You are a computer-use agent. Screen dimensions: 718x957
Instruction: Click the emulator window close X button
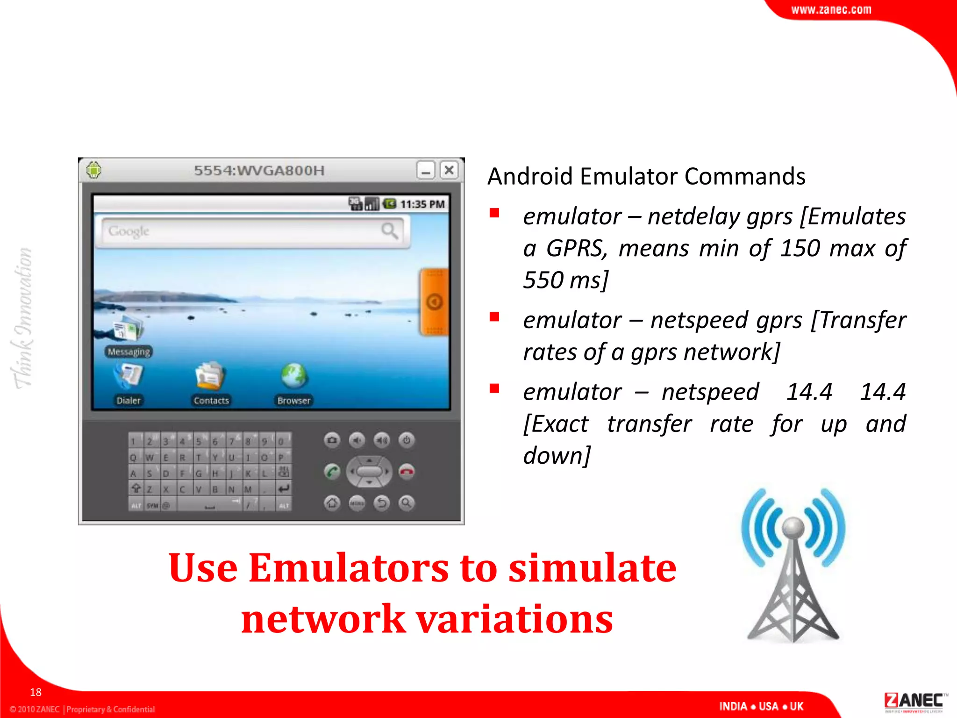click(449, 170)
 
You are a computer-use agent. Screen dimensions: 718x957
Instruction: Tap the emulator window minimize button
click(426, 170)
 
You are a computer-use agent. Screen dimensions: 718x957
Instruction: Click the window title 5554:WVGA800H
click(259, 171)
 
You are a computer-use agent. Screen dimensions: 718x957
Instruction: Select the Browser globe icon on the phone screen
click(294, 375)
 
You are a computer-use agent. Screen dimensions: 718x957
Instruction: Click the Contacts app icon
click(211, 375)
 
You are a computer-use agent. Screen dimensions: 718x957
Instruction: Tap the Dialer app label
click(129, 401)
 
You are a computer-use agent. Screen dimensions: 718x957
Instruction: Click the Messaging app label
click(129, 352)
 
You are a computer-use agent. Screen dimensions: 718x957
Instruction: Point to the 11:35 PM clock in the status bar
click(422, 204)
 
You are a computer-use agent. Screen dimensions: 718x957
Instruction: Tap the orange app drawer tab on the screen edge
click(435, 302)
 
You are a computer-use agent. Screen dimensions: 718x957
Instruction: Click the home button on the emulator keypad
click(332, 503)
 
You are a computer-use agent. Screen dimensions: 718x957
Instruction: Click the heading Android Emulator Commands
click(646, 177)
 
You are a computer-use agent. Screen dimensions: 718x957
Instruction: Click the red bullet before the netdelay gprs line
click(494, 214)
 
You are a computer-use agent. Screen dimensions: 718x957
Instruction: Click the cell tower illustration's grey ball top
click(793, 527)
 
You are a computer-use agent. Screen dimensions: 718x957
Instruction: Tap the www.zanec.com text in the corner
click(831, 10)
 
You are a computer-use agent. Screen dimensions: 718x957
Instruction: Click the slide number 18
click(36, 692)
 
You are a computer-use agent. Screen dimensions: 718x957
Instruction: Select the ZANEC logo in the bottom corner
click(914, 701)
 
